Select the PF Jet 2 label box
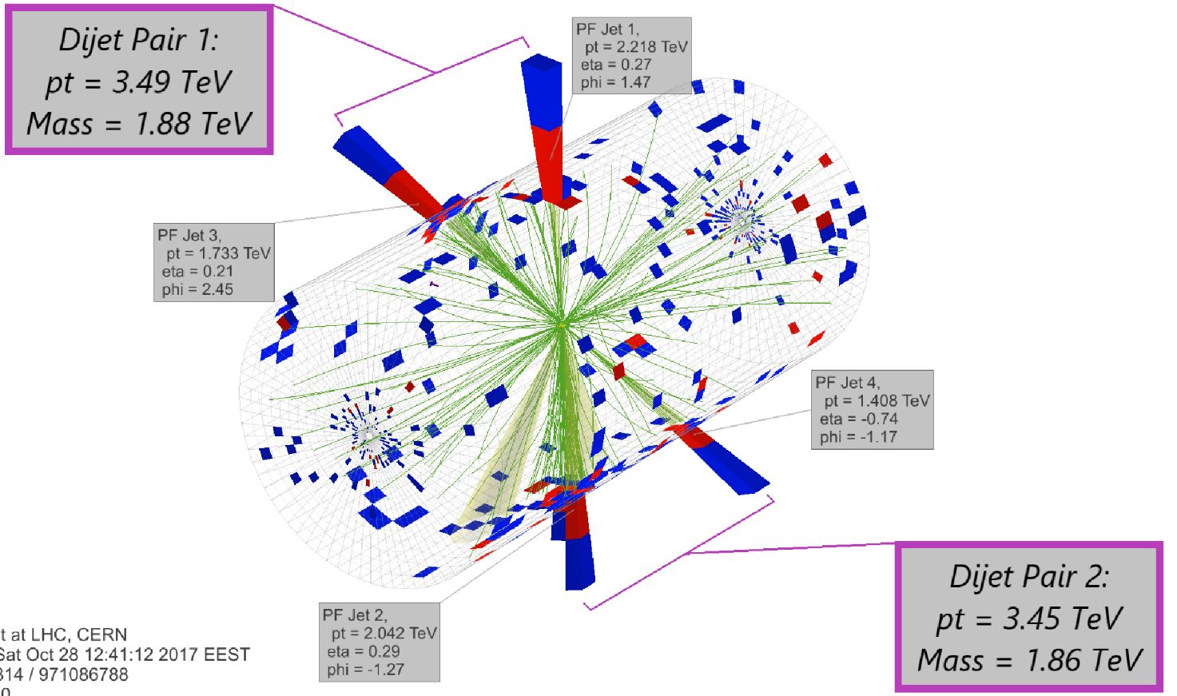pos(380,642)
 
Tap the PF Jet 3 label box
pos(214,262)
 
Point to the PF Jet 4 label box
pos(872,409)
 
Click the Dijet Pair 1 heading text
pos(138,40)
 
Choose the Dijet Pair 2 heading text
pos(1028,576)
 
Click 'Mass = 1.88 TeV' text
pos(139,124)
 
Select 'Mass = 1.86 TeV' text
pos(1029,660)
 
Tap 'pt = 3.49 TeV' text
pos(139,82)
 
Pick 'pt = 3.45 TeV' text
pos(1029,618)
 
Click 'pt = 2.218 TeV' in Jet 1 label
pos(635,47)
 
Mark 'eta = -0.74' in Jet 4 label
pos(859,419)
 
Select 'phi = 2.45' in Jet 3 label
pos(197,289)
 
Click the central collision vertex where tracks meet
pos(563,324)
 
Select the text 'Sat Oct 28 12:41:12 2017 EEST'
pos(125,654)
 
